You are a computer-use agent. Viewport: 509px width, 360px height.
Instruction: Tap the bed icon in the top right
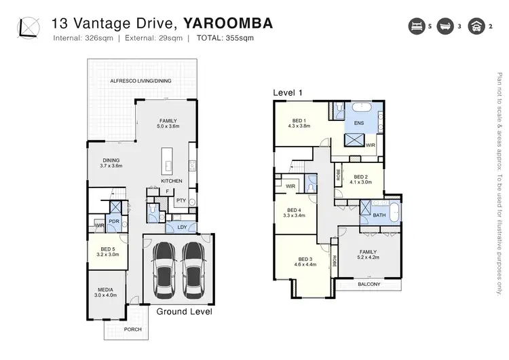(x=415, y=26)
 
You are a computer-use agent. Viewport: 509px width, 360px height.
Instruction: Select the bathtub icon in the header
(x=447, y=26)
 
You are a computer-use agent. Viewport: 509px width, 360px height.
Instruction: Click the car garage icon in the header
(x=478, y=26)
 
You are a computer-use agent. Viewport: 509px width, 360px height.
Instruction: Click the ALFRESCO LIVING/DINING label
(x=140, y=81)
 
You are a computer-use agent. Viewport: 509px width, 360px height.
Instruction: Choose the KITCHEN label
(x=171, y=181)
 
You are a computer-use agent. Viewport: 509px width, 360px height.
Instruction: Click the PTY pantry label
(x=181, y=200)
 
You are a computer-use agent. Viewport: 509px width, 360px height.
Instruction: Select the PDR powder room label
(x=115, y=221)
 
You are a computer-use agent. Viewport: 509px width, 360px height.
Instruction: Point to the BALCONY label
(x=369, y=284)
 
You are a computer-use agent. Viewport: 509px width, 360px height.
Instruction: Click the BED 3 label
(x=304, y=259)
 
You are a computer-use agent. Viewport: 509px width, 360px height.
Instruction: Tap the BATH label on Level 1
(x=379, y=215)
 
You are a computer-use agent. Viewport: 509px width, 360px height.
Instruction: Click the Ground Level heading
(x=184, y=312)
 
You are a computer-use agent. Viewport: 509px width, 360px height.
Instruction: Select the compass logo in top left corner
(x=29, y=27)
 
